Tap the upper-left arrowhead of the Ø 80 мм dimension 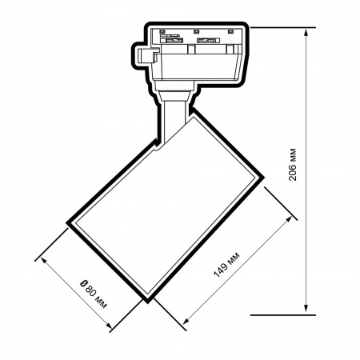pyautogui.click(x=40, y=258)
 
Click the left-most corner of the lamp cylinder pyautogui.click(x=68, y=226)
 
